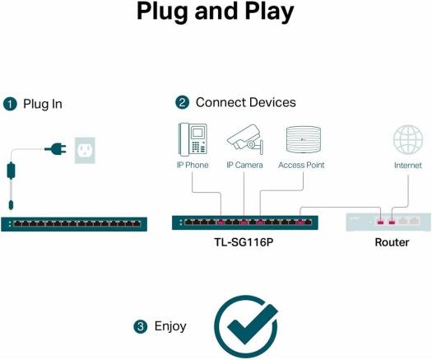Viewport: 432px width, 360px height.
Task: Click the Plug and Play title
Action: [216, 12]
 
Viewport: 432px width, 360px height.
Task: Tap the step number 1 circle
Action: [10, 104]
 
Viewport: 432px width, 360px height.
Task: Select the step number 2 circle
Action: [182, 102]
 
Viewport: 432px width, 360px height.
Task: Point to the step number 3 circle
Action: [140, 327]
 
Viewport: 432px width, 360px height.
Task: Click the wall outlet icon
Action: [84, 149]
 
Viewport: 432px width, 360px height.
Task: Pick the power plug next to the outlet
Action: [56, 149]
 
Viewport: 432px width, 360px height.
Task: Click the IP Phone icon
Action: [193, 138]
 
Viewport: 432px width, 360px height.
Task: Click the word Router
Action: [392, 242]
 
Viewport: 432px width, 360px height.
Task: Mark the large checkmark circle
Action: [244, 325]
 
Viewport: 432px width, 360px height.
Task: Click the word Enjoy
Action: [170, 327]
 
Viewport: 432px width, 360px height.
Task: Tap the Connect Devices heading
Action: [245, 102]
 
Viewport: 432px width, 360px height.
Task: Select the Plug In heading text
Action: [42, 104]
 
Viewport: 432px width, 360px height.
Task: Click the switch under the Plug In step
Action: [75, 223]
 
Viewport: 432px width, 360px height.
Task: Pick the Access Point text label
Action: [301, 165]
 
